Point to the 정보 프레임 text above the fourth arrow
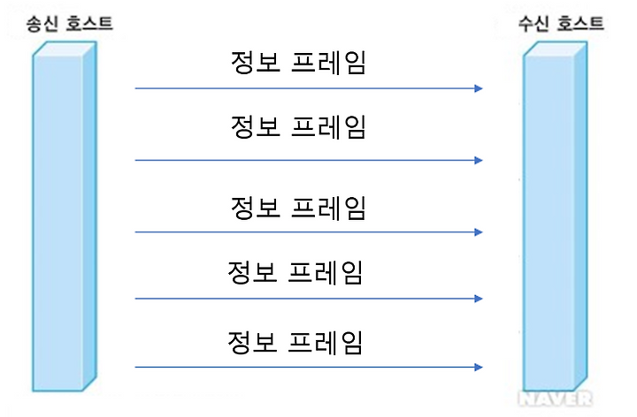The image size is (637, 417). pyautogui.click(x=296, y=272)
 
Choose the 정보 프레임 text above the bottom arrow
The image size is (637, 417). pyautogui.click(x=296, y=341)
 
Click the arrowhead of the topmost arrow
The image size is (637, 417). pyautogui.click(x=479, y=88)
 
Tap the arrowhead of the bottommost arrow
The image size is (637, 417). pyautogui.click(x=479, y=367)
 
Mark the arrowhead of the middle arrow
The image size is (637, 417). pyautogui.click(x=479, y=232)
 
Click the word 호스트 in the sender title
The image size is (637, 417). pyautogui.click(x=86, y=19)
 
